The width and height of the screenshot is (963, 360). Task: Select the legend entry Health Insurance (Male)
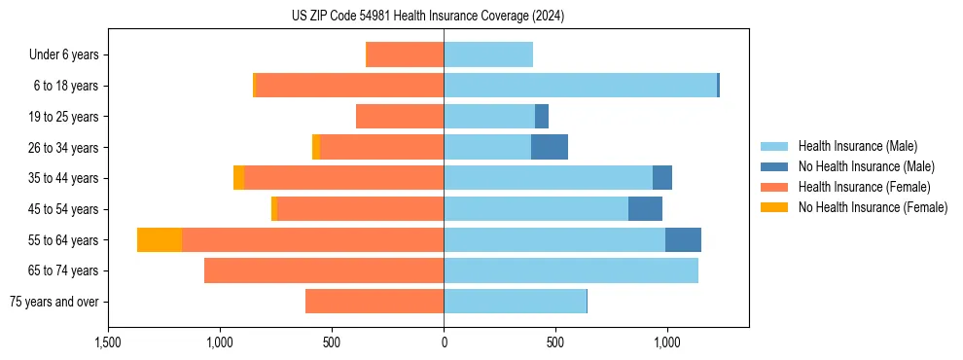857,146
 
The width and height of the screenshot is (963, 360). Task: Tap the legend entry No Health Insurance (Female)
873,207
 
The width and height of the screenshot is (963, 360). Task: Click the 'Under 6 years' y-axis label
63,55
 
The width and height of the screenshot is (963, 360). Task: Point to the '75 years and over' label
53,302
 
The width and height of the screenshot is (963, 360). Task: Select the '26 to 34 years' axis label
64,148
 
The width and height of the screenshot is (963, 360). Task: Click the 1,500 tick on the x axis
108,343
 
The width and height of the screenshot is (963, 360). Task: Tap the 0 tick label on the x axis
444,343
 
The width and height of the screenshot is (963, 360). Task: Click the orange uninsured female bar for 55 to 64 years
160,239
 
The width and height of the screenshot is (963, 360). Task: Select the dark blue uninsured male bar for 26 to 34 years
550,147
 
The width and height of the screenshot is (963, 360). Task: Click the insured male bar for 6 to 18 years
580,86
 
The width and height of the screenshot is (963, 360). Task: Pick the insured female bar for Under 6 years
405,54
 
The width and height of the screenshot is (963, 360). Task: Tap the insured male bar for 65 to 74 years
571,270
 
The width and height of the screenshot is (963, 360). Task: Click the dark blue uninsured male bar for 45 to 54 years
645,209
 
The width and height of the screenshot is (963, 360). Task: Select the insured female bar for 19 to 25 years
400,117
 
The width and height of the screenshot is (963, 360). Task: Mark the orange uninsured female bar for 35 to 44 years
238,178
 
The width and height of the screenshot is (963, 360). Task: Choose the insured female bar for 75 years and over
374,302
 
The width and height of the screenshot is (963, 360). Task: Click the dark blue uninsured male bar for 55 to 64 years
683,239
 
